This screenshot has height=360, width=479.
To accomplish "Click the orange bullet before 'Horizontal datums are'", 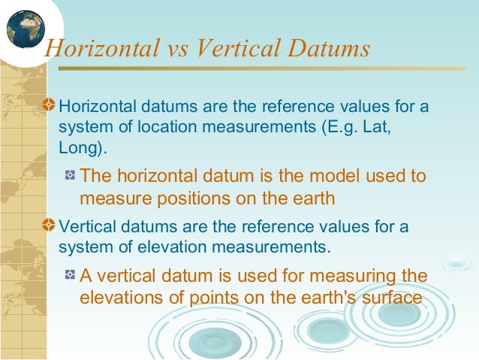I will pos(49,106).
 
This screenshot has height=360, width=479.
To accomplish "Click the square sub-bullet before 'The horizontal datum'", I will pos(70,177).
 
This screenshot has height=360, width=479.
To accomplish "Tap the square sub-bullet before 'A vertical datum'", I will pos(70,275).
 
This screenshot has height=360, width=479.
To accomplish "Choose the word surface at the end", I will pos(393,297).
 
